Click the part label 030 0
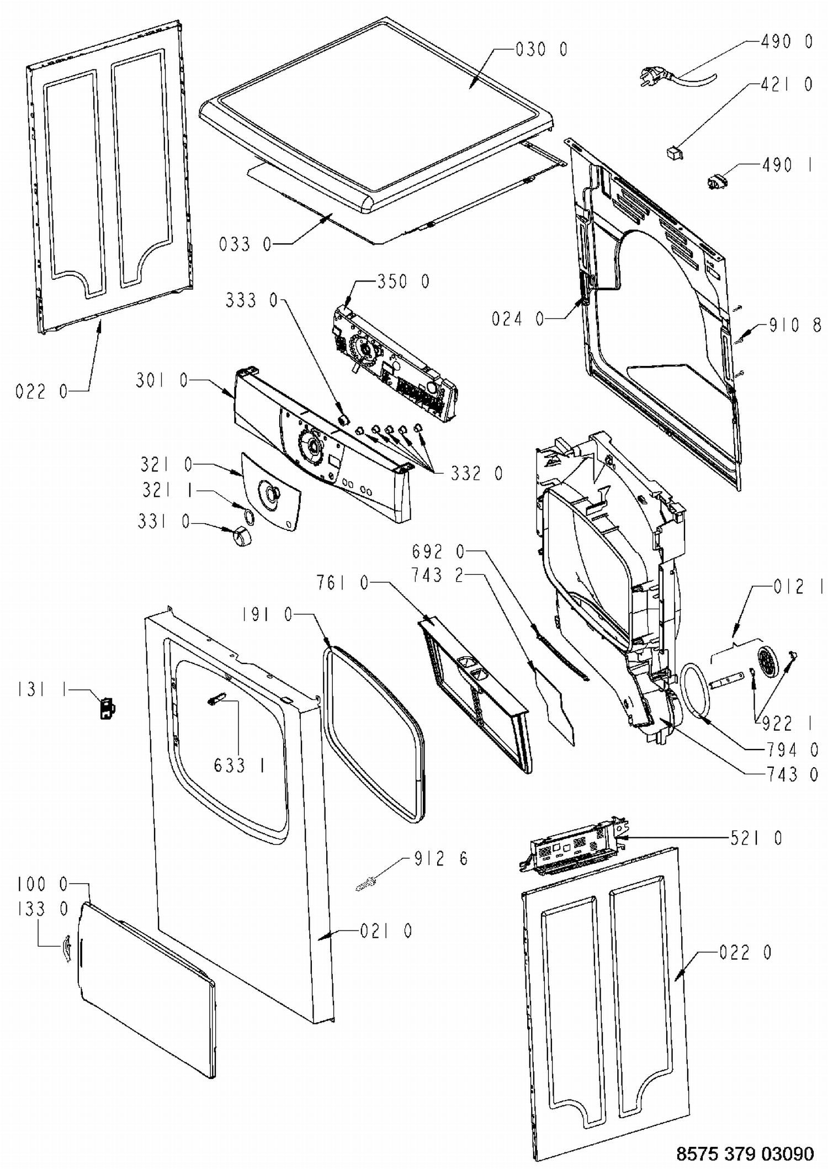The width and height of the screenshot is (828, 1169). pos(541,50)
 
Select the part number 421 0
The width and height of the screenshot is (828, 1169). pos(787,84)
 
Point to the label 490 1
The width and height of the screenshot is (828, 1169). pos(787,165)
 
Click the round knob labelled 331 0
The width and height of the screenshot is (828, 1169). pos(241,535)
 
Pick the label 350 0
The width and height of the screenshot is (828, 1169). pos(403,281)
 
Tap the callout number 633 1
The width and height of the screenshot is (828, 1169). pos(238,766)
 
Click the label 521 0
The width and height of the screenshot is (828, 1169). pos(756,838)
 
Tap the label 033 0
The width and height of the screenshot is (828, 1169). pos(245,244)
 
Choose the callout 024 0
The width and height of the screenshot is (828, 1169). pos(518,318)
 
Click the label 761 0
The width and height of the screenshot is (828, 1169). pos(342,582)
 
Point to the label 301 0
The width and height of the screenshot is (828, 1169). pos(162,380)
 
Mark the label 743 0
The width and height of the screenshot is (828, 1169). pos(793,774)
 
